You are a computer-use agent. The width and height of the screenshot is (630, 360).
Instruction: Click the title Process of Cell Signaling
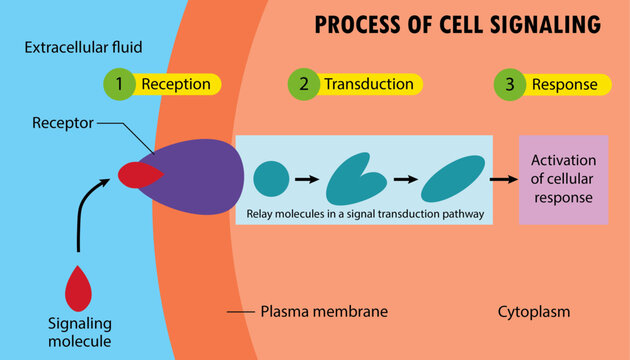[x=458, y=24]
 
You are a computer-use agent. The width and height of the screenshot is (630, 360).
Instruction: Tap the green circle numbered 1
[x=119, y=85]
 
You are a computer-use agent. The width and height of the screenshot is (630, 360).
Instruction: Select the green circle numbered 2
[x=302, y=85]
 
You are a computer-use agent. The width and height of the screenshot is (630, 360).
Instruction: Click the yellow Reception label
[x=175, y=85]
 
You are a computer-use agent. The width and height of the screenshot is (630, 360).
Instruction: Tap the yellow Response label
[x=565, y=85]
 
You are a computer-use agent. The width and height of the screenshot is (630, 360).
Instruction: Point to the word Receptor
[x=62, y=125]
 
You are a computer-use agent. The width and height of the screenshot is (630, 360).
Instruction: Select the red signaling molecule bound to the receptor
[x=138, y=175]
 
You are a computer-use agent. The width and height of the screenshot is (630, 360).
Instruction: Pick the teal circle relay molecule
[x=271, y=179]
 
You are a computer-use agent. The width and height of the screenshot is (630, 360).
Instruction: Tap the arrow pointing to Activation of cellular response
[x=505, y=179]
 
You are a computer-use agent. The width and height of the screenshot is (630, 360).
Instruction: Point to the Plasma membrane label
[x=323, y=312]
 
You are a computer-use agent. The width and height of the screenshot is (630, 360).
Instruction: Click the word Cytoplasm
[x=534, y=312]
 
